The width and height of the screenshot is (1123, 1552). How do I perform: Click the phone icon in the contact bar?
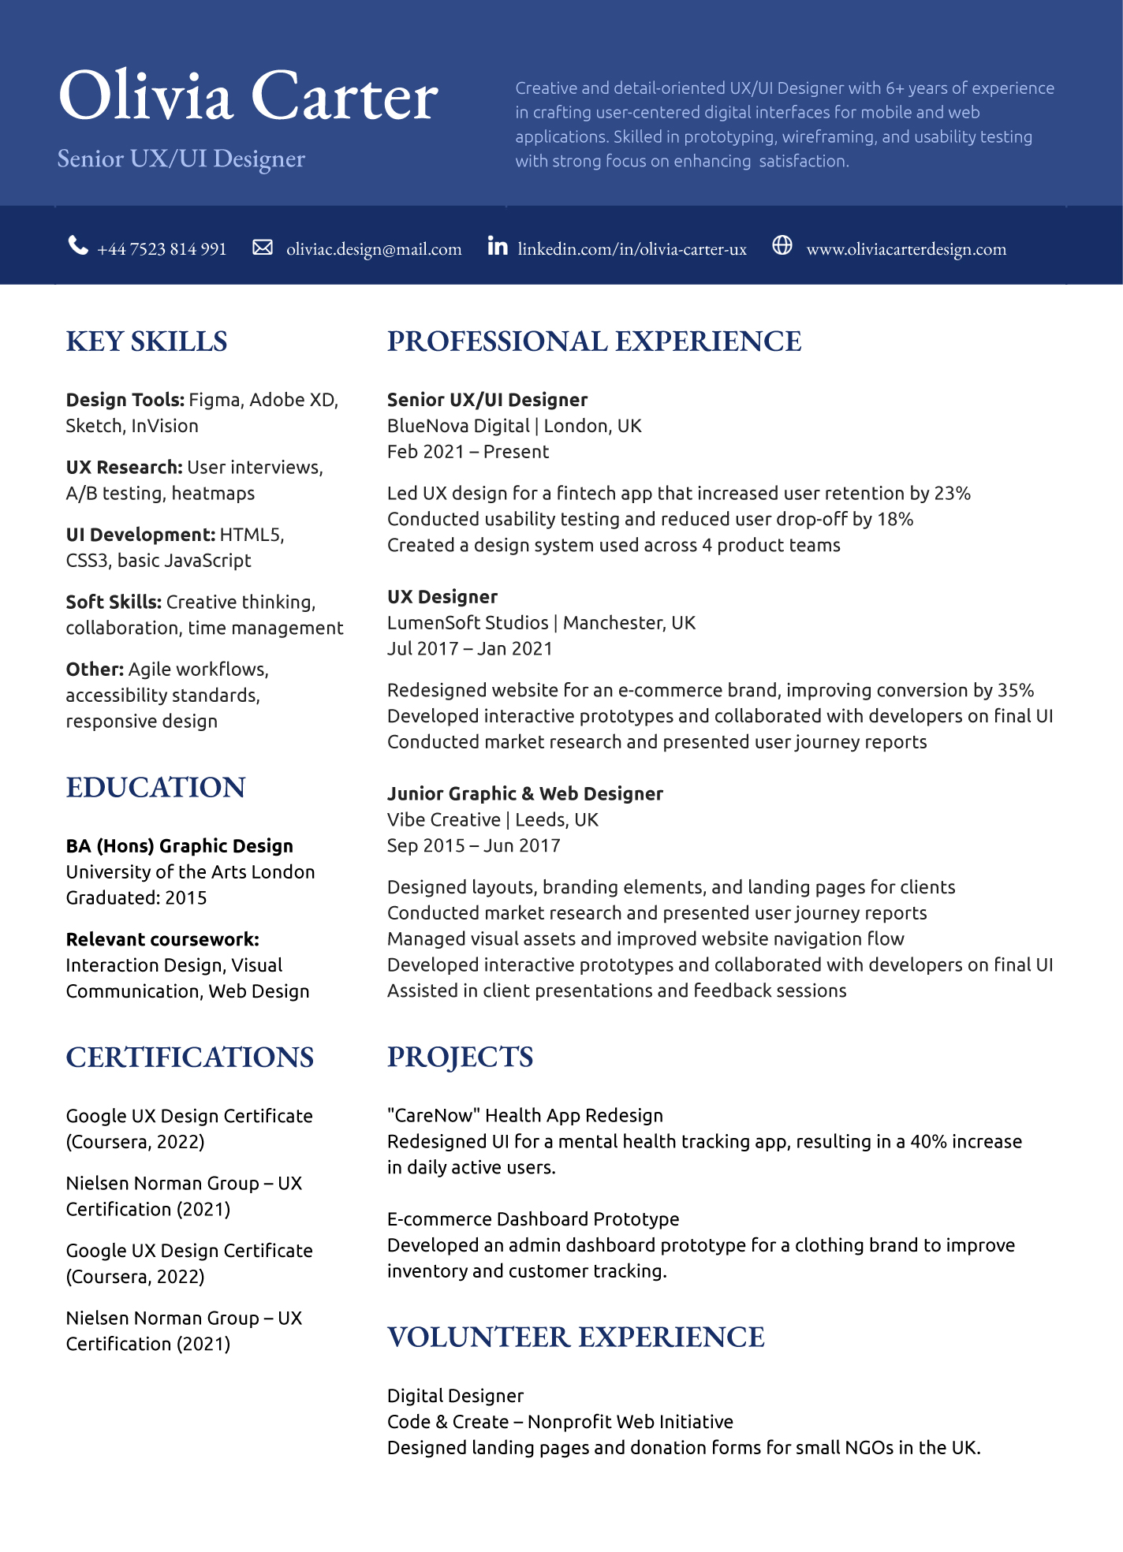click(78, 246)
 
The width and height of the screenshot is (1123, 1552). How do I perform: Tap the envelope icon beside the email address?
click(263, 248)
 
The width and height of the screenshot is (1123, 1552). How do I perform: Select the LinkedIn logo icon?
click(498, 246)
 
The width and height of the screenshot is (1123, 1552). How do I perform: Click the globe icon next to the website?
click(782, 245)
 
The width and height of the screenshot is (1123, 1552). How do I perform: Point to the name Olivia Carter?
click(248, 96)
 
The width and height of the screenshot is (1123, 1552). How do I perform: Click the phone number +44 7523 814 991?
click(162, 249)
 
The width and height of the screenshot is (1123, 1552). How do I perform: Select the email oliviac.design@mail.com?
click(374, 249)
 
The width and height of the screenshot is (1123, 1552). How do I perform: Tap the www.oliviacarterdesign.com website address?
click(906, 249)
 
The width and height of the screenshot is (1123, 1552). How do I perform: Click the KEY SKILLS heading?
click(147, 341)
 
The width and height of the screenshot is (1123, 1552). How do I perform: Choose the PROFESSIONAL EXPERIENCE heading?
click(594, 341)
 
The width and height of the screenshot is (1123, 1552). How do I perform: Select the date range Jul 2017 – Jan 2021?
click(470, 649)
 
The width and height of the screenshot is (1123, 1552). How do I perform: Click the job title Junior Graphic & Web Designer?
click(525, 794)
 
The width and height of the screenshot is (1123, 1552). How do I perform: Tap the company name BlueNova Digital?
click(458, 427)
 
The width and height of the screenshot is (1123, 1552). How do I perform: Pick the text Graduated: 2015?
click(136, 898)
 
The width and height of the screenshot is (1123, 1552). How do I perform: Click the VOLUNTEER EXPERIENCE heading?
click(576, 1337)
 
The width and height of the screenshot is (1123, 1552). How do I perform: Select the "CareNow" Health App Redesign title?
click(525, 1116)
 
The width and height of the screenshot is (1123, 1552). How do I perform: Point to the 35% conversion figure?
click(1016, 691)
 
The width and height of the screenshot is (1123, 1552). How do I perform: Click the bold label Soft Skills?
click(114, 603)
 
